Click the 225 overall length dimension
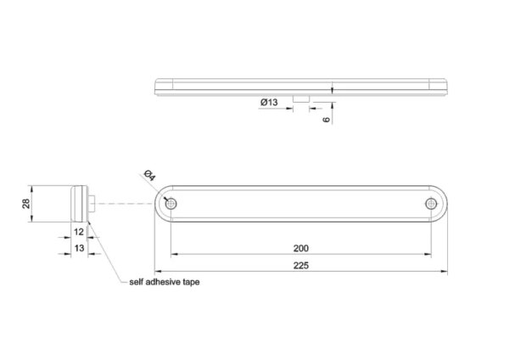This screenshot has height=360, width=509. click(301, 266)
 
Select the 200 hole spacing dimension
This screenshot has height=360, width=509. click(301, 249)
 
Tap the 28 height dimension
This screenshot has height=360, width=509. click(26, 204)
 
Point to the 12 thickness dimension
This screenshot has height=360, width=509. click(79, 232)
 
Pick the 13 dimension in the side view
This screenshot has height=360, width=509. click(79, 248)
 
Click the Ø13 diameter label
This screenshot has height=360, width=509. click(269, 103)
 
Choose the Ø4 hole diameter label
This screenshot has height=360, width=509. click(149, 176)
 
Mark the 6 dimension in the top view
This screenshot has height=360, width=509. click(327, 119)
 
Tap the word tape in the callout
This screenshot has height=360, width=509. click(191, 283)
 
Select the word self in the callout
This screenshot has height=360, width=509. click(137, 282)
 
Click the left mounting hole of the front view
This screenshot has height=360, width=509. click(171, 204)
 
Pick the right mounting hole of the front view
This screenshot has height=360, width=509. click(431, 204)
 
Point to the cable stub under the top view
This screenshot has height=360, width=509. click(301, 98)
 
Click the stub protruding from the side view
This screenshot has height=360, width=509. click(92, 204)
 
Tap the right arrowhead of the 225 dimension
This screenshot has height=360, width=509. click(444, 271)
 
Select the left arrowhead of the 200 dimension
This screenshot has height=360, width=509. click(175, 254)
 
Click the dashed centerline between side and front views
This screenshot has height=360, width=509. click(125, 204)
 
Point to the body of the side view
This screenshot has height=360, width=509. click(80, 204)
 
